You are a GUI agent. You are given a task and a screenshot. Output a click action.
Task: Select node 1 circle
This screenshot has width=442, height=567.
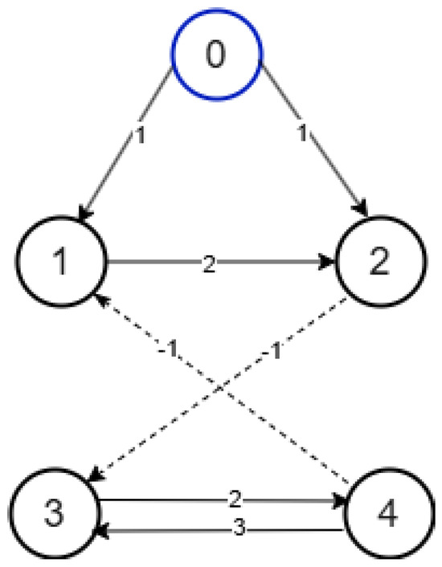tap(61, 263)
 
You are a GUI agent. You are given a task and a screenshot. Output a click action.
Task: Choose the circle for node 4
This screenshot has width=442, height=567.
tap(386, 515)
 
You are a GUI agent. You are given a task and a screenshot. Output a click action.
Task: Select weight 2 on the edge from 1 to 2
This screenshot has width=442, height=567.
tap(209, 263)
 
